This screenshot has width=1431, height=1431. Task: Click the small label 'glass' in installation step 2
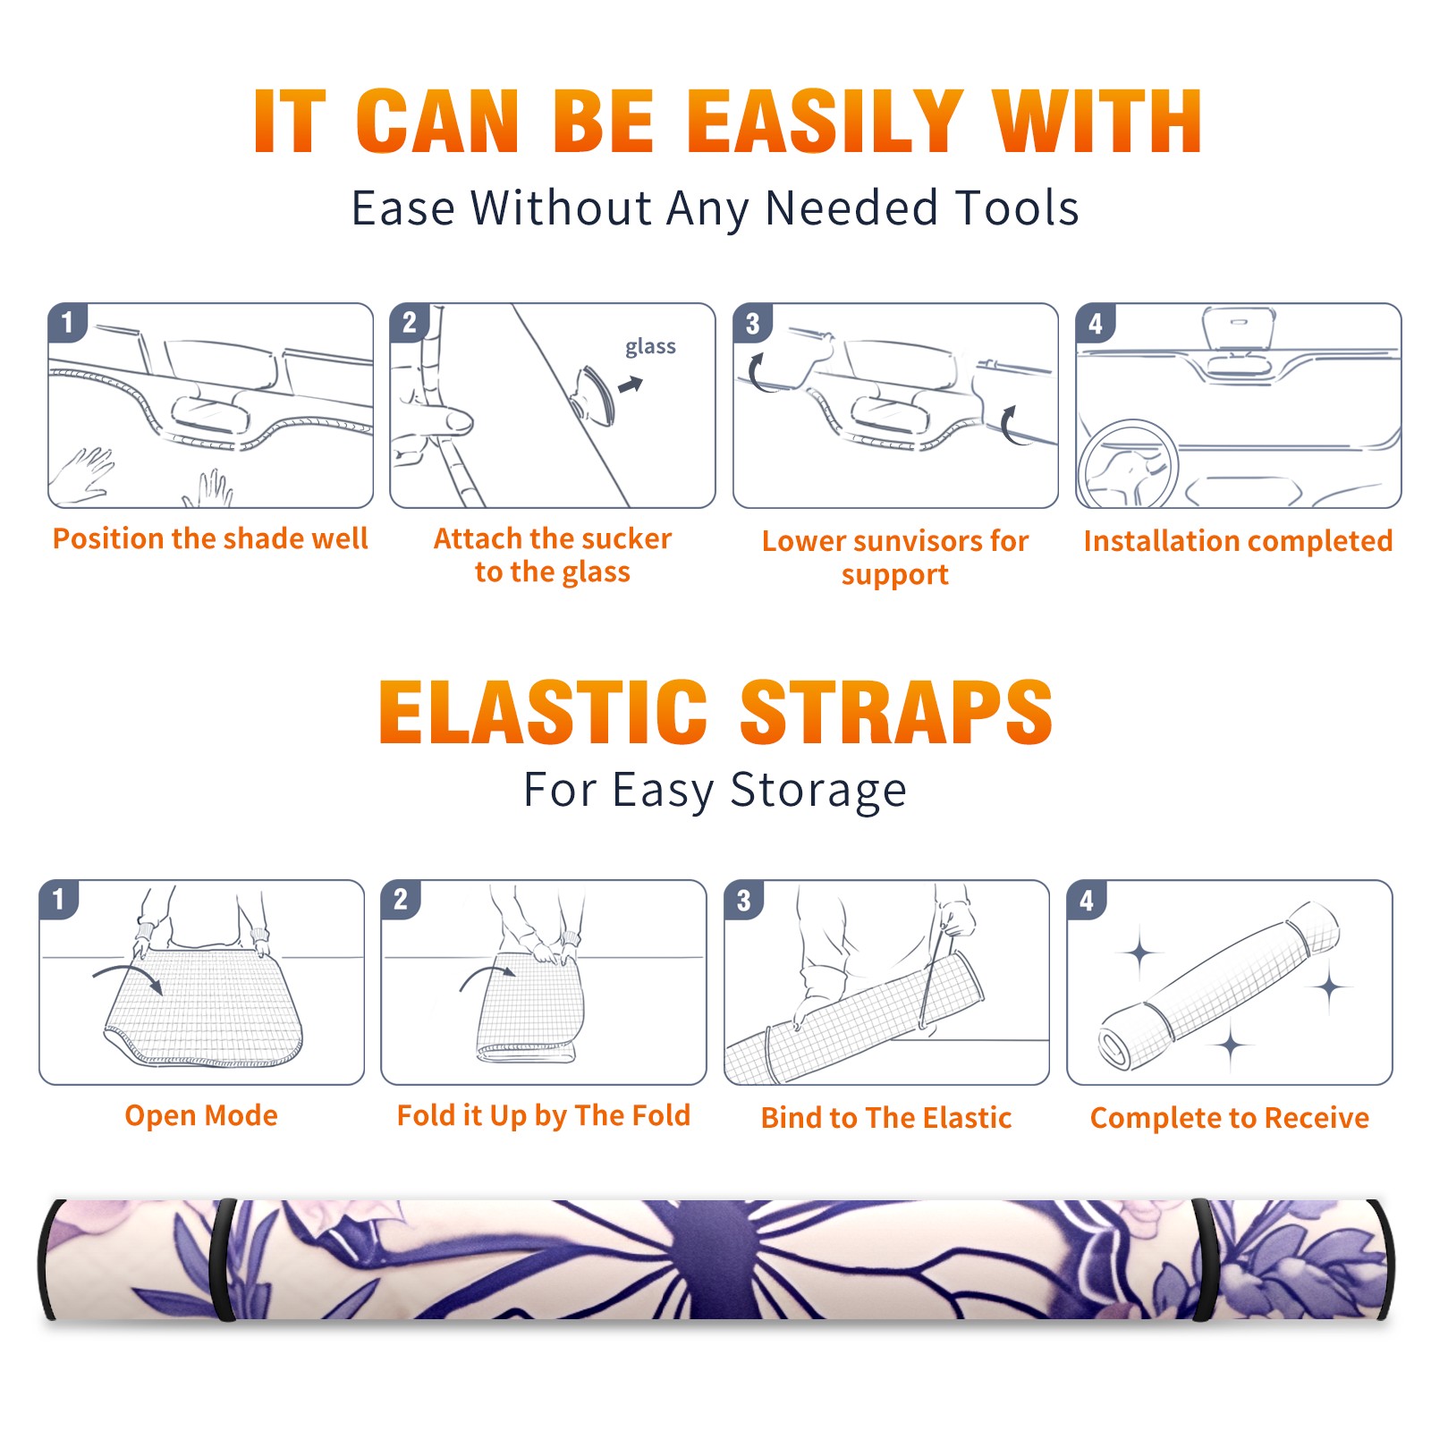coord(650,347)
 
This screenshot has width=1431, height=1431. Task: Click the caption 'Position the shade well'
coord(210,538)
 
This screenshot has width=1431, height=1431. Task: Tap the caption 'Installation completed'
coord(1238,541)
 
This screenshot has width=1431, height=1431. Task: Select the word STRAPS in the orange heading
coord(896,712)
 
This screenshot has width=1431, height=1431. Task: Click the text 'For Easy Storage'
coord(715,791)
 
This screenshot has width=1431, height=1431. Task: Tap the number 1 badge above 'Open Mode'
coord(59,899)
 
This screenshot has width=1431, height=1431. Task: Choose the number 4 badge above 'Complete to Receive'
coord(1087,900)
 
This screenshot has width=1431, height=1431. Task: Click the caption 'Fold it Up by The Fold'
coord(544,1115)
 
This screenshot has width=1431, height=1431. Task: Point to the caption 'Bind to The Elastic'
coord(886,1118)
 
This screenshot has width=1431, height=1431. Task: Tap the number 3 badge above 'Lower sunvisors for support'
coord(753,323)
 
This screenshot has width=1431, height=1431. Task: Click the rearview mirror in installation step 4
coord(1239,328)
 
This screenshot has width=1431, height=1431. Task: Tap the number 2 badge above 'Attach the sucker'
coord(410,323)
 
